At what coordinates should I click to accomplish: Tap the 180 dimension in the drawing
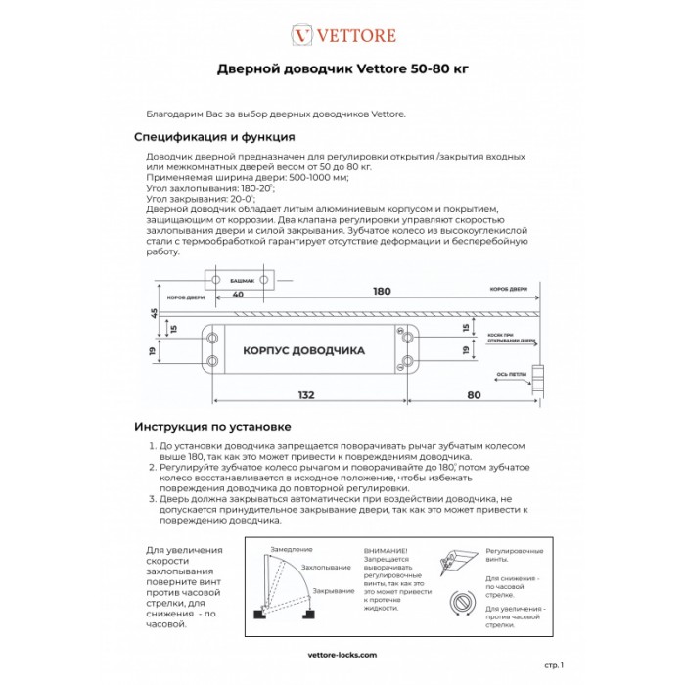382,291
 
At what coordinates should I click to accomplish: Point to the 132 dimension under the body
307,394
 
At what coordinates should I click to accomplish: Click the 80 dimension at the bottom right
474,394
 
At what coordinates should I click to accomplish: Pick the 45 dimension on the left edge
154,313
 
